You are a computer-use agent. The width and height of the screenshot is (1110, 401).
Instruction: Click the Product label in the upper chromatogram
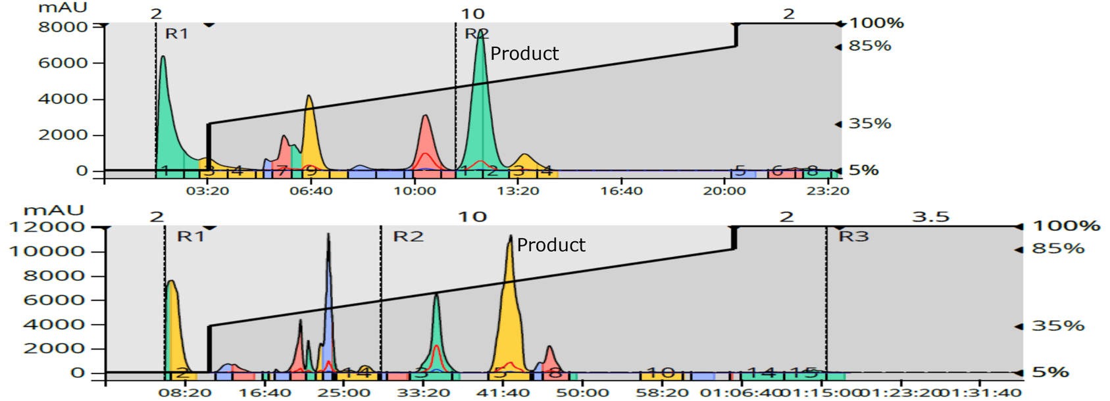[524, 53]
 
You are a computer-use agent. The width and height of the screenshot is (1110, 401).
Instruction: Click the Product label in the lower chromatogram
[551, 245]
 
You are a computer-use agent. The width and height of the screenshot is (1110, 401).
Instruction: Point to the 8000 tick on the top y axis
[64, 27]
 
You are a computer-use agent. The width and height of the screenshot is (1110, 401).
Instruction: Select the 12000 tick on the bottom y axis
[46, 227]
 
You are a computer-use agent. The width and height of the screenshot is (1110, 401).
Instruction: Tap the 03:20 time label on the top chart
[207, 191]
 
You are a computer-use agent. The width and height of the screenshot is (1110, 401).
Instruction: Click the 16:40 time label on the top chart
[621, 191]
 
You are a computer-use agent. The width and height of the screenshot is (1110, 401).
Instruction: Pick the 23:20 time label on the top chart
[828, 191]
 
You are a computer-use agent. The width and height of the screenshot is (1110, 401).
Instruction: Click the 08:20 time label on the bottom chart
[185, 392]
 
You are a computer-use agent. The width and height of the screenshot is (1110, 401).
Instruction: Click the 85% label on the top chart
[870, 46]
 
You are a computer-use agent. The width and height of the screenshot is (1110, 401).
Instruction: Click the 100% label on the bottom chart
[1067, 225]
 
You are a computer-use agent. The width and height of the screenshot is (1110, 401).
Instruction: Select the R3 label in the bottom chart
[853, 236]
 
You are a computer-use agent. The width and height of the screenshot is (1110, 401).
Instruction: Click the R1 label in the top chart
[176, 34]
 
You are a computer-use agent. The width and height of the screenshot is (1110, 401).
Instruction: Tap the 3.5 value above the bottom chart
[930, 216]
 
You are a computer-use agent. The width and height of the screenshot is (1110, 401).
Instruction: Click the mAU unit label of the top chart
[63, 8]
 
